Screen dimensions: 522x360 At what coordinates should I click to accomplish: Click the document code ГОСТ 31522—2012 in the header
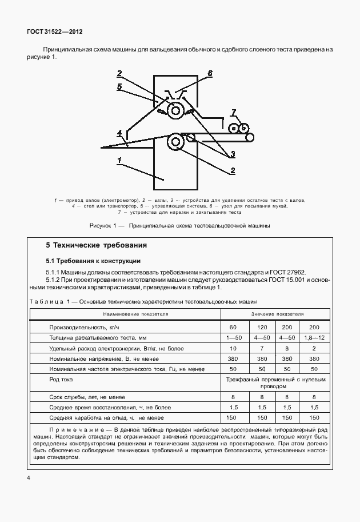[51, 32]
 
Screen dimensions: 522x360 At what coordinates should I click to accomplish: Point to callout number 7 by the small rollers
[233, 111]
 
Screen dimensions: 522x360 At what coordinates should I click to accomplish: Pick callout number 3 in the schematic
[233, 154]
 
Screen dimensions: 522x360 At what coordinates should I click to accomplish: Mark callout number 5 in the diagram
[119, 87]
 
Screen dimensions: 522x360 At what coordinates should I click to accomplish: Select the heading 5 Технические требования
[96, 245]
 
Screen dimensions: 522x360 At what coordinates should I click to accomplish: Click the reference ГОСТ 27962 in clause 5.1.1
[290, 273]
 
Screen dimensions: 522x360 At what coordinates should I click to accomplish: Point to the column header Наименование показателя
[135, 314]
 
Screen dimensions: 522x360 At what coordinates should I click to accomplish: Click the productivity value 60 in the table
[233, 326]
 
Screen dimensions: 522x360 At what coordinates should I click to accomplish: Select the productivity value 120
[262, 326]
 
